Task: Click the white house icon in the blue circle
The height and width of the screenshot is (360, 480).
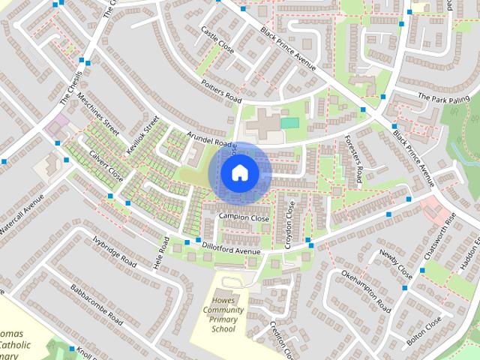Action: point(238,173)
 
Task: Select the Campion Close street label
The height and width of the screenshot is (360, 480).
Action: point(244,217)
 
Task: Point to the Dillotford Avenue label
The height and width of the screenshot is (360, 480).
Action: point(231,247)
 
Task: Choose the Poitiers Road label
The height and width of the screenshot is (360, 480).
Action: point(221,91)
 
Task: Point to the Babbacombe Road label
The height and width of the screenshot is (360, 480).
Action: point(96,304)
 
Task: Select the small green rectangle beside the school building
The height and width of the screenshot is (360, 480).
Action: point(289,122)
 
